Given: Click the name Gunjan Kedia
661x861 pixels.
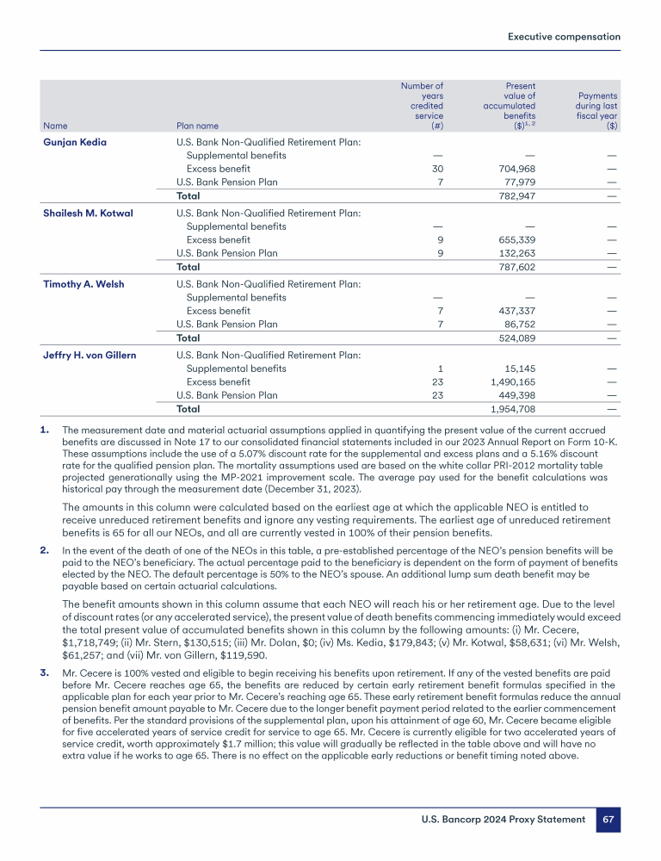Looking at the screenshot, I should [75, 142].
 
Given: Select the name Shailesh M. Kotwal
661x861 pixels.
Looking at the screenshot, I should [88, 213].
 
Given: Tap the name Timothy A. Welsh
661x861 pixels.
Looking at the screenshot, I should [82, 283].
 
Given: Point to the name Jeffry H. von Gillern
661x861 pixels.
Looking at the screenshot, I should [90, 355].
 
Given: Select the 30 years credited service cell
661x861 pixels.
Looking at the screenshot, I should [436, 169].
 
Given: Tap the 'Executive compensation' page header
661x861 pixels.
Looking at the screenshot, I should [564, 37].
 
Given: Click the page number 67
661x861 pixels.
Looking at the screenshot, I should [608, 820].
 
